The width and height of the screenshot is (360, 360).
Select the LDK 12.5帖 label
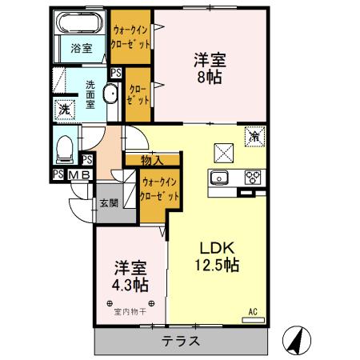pos(212,255)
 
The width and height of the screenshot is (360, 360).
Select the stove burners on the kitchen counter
pos(254,178)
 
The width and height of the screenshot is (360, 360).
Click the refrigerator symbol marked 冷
pos(254,135)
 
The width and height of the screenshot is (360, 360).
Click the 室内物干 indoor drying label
pos(128,312)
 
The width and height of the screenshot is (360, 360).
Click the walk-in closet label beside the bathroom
pos(130,36)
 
